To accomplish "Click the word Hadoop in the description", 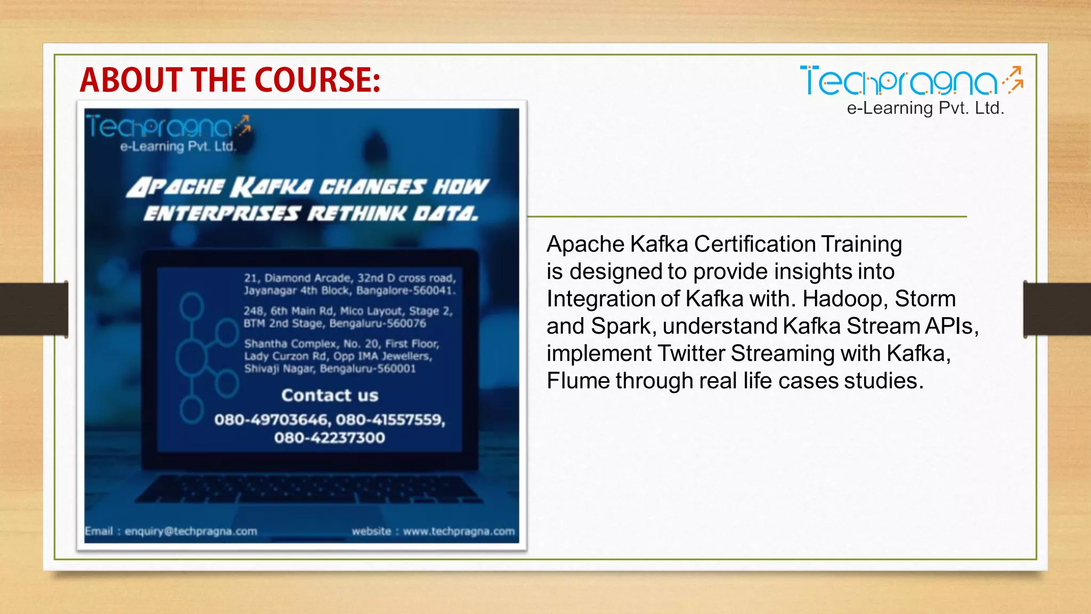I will coord(842,298).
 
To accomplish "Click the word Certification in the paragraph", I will coord(754,244).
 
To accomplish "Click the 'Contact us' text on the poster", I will coord(330,395).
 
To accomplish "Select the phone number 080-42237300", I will coord(330,438).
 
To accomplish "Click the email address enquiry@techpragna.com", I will coord(191,531).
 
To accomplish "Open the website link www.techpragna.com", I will coord(459,531).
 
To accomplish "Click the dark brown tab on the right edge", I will coord(1057,309).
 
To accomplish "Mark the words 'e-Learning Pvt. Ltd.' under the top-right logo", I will coord(925,108).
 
